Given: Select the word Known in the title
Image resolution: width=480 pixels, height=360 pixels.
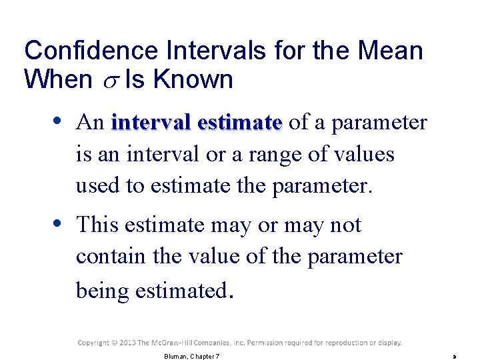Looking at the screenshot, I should [192, 80].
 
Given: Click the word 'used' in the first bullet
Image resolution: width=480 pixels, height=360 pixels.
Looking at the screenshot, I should [97, 186].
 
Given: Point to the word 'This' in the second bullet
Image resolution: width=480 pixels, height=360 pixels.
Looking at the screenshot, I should [97, 225].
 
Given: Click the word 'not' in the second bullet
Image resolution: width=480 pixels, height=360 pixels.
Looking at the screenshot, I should [345, 225].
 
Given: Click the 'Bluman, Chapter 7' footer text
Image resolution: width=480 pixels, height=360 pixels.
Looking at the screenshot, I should [191, 357].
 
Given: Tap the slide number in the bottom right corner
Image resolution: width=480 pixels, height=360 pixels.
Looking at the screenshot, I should [455, 357].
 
